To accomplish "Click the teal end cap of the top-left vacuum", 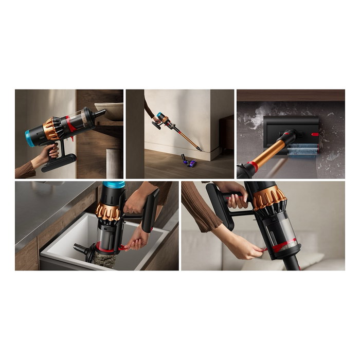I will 30,138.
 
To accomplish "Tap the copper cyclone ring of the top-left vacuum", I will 51,129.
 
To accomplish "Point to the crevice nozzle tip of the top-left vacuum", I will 100,112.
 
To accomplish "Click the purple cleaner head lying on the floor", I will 191,164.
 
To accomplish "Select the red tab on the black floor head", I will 315,134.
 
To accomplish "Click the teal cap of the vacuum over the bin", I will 114,185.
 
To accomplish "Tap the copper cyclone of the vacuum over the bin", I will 109,210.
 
